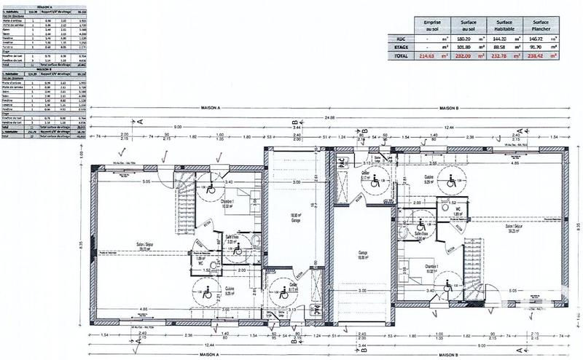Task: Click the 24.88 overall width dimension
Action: point(330,117)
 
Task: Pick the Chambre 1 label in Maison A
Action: point(227,204)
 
